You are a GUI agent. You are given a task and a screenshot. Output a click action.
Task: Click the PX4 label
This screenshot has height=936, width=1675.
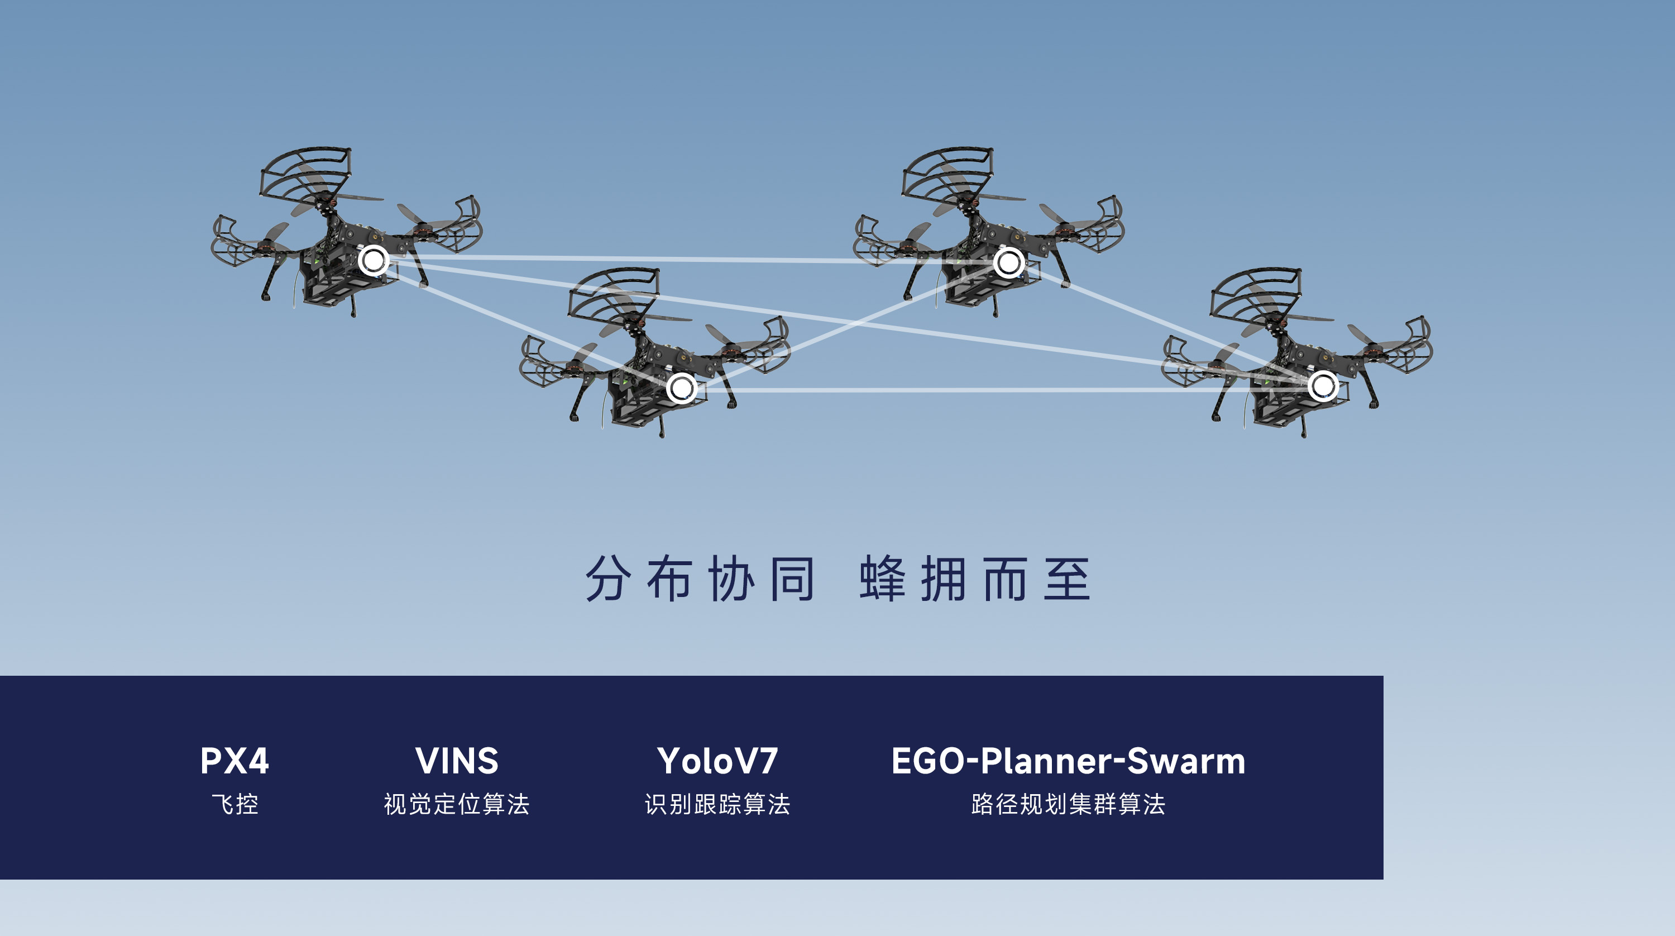[234, 761]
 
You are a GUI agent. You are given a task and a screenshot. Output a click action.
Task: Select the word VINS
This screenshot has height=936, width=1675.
[457, 761]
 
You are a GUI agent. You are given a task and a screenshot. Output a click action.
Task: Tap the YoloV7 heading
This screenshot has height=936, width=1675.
[717, 761]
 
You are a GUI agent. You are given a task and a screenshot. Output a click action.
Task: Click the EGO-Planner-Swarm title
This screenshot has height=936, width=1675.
[1068, 761]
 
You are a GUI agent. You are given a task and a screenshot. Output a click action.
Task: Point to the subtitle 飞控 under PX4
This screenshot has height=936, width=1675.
[234, 805]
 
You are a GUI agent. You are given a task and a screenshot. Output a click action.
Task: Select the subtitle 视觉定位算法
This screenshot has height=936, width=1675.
[457, 805]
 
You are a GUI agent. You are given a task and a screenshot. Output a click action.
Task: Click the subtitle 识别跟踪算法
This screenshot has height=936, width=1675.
[717, 805]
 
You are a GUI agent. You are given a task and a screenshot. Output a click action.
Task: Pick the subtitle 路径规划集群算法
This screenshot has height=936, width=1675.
[1068, 805]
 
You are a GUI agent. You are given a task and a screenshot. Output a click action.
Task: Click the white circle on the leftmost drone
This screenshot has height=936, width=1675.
[373, 261]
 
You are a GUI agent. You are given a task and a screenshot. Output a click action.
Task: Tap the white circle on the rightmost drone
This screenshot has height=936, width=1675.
[1323, 386]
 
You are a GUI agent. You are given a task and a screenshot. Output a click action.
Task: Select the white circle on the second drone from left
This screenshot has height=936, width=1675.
[681, 388]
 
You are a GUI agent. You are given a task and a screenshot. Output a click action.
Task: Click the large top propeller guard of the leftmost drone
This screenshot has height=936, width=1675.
[305, 173]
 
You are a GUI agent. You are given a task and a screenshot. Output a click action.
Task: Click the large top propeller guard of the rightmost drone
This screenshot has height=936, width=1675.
[1255, 293]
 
